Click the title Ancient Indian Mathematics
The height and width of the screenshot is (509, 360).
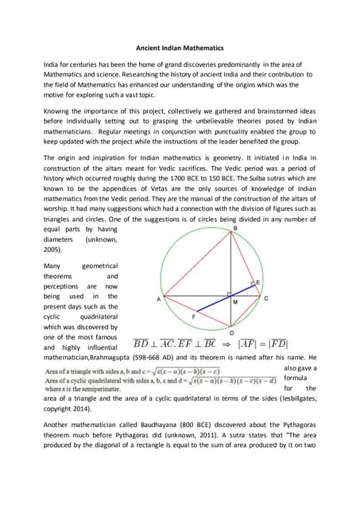pos(179,46)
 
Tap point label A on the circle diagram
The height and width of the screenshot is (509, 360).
pos(158,300)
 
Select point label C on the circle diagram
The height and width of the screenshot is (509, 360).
pos(266,298)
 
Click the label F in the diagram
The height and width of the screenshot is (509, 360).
pos(195,316)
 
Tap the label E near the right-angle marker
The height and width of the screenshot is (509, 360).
pos(257,282)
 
